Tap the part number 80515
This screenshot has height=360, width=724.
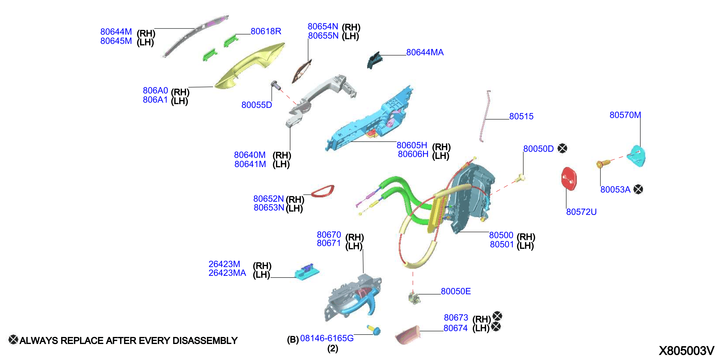521,116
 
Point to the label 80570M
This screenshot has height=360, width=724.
625,115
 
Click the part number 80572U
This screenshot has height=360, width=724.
581,212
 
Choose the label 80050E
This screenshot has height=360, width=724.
456,291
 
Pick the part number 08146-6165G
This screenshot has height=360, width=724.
327,338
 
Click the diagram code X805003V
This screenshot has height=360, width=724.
686,351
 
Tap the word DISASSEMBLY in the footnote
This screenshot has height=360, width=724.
205,341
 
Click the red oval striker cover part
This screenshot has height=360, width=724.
569,179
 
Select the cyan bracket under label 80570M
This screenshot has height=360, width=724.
637,156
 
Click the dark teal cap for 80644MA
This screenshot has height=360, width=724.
375,60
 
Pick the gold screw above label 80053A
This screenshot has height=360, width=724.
603,164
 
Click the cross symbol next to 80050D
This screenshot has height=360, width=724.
562,148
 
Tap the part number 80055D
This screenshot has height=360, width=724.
257,105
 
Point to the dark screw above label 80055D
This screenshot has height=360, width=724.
276,85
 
